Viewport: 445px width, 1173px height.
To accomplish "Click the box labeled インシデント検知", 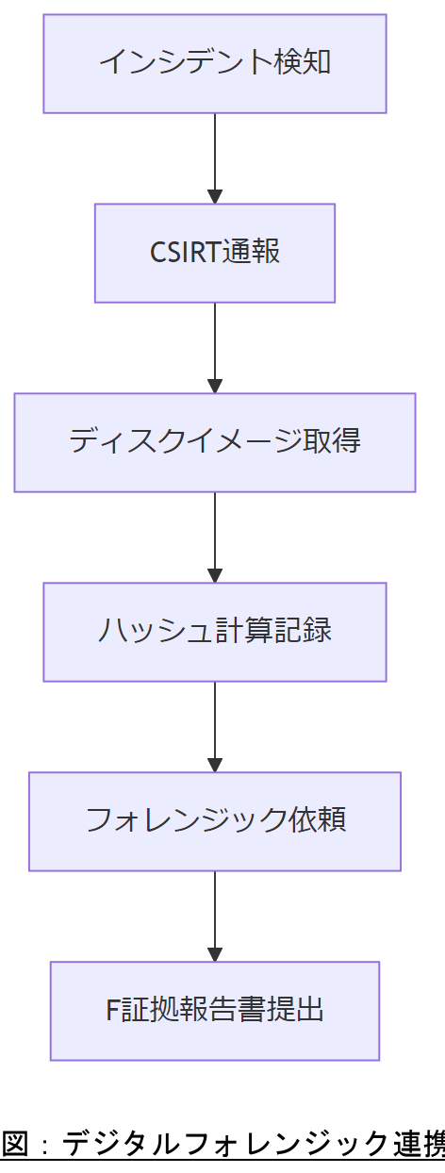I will point(215,64).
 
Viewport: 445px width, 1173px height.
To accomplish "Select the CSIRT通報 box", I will point(215,253).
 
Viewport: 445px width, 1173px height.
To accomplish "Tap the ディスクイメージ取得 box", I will point(215,442).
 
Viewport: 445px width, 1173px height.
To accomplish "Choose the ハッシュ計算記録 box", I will point(215,632).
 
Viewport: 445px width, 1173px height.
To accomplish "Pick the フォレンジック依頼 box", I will point(215,821).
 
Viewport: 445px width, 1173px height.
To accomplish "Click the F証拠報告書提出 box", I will point(215,1011).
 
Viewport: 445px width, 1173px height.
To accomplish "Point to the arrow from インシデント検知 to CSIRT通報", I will point(215,156).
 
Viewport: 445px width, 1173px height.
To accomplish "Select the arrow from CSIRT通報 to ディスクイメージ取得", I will point(215,345).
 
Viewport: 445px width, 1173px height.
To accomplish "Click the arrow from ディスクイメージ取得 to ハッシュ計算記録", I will point(215,535).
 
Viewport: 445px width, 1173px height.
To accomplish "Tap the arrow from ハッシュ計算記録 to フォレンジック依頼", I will point(215,724).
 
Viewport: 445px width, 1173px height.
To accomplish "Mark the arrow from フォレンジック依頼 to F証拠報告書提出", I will point(215,914).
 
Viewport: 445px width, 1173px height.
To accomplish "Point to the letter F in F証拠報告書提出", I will point(111,1011).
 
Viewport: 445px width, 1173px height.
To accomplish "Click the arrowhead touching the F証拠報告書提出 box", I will point(215,954).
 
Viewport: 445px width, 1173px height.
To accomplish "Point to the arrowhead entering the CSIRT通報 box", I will point(215,196).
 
